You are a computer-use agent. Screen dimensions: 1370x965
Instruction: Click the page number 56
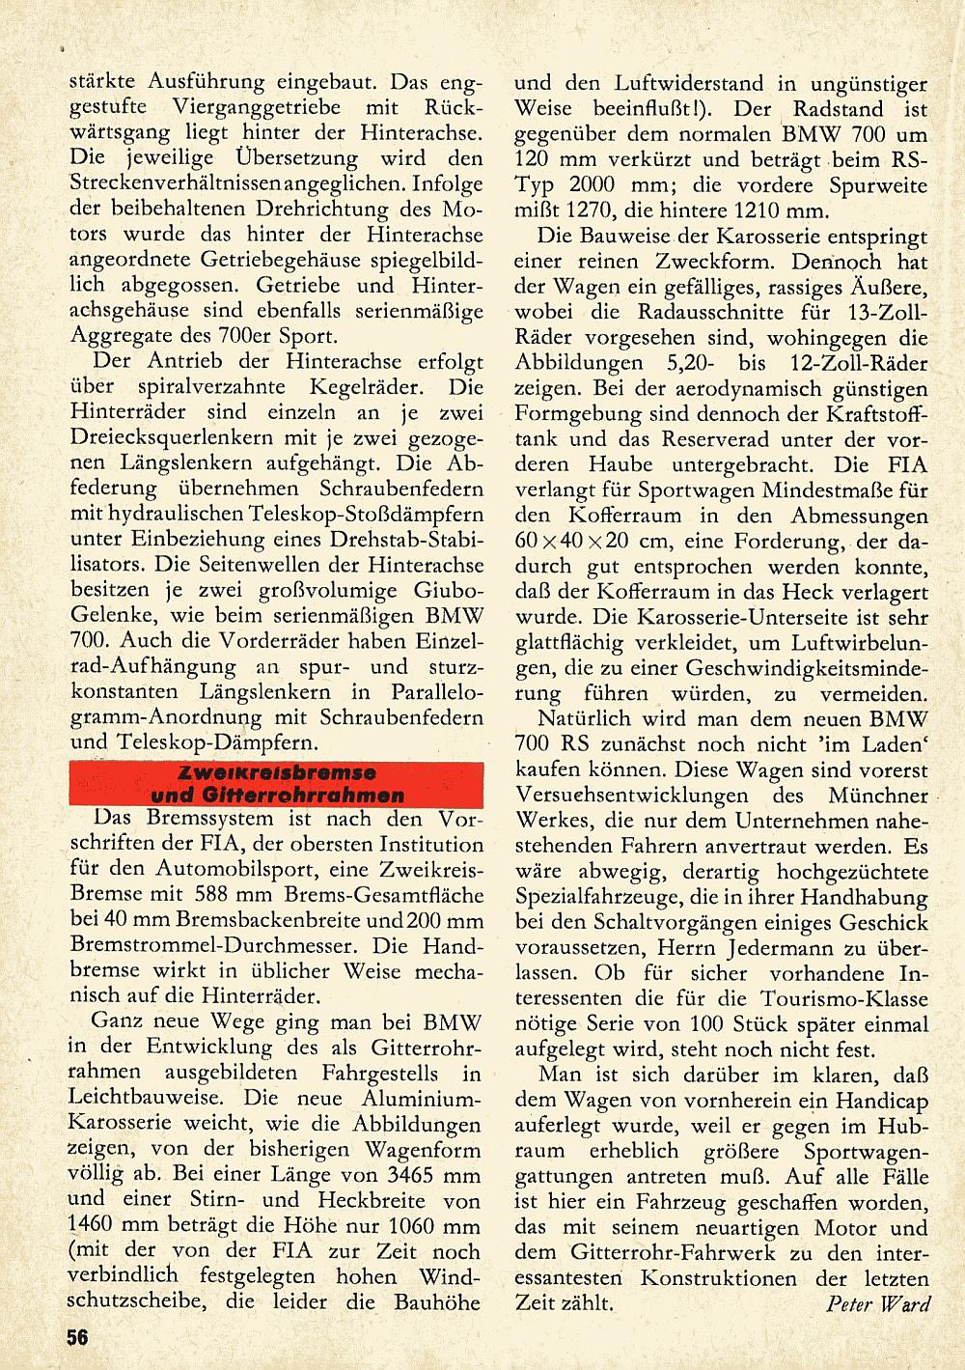tap(77, 1337)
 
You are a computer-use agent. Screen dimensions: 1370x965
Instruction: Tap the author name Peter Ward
tap(878, 1303)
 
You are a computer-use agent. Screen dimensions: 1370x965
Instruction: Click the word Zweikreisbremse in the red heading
tap(277, 773)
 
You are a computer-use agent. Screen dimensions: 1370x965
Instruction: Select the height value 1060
tap(417, 1226)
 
